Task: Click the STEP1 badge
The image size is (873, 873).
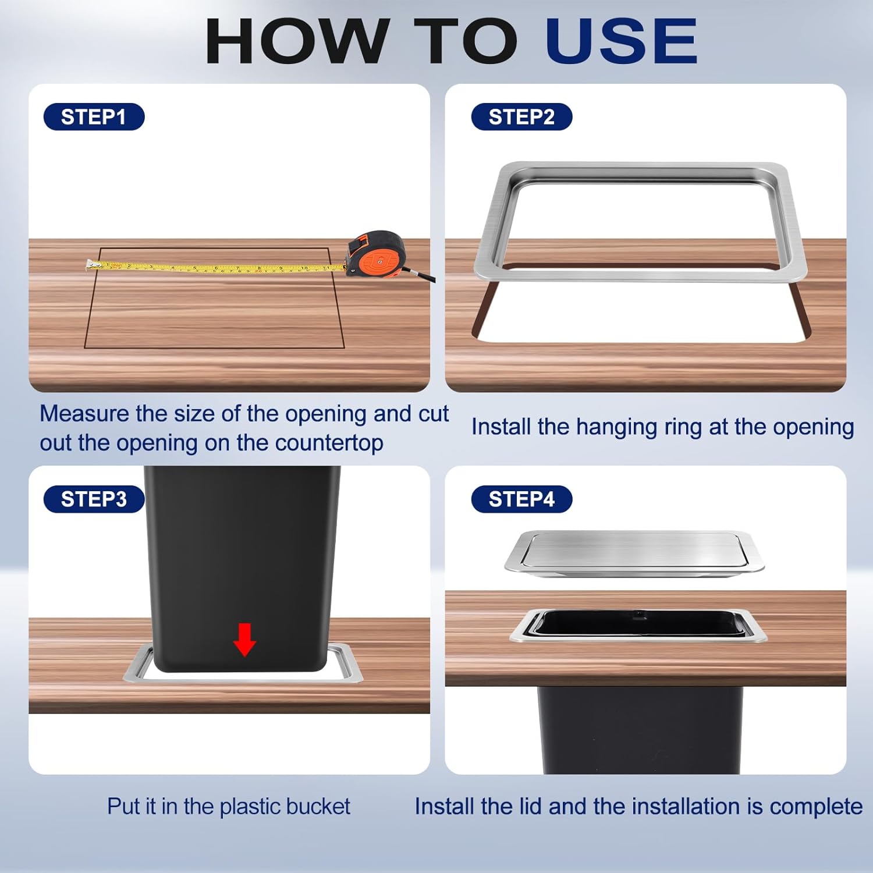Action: [94, 117]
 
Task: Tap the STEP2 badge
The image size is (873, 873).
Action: [521, 117]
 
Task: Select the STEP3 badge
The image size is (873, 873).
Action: [94, 499]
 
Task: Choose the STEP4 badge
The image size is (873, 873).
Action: [521, 499]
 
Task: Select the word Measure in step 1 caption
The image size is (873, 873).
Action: [84, 414]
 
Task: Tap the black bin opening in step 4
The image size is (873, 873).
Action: [637, 624]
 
